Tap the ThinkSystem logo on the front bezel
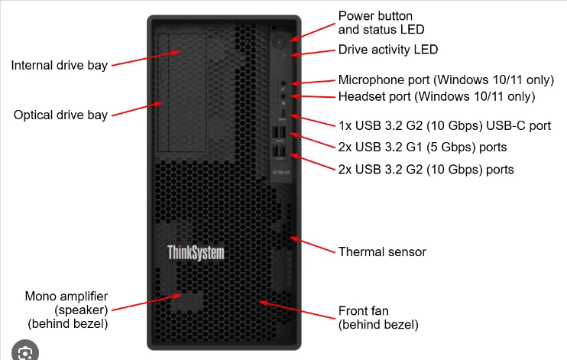coord(196,252)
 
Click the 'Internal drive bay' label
coord(60,65)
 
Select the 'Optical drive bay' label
coord(60,115)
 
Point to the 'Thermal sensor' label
coord(382,251)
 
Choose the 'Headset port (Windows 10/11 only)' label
coord(436,97)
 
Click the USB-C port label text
coord(444,125)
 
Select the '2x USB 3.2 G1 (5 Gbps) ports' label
coord(422,147)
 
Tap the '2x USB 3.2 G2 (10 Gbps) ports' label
coord(426,169)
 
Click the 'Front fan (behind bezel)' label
coord(378,318)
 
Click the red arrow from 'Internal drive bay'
coord(146,59)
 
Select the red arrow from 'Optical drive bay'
coord(138,109)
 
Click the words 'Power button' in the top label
coord(375,16)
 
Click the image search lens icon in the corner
coord(25,352)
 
